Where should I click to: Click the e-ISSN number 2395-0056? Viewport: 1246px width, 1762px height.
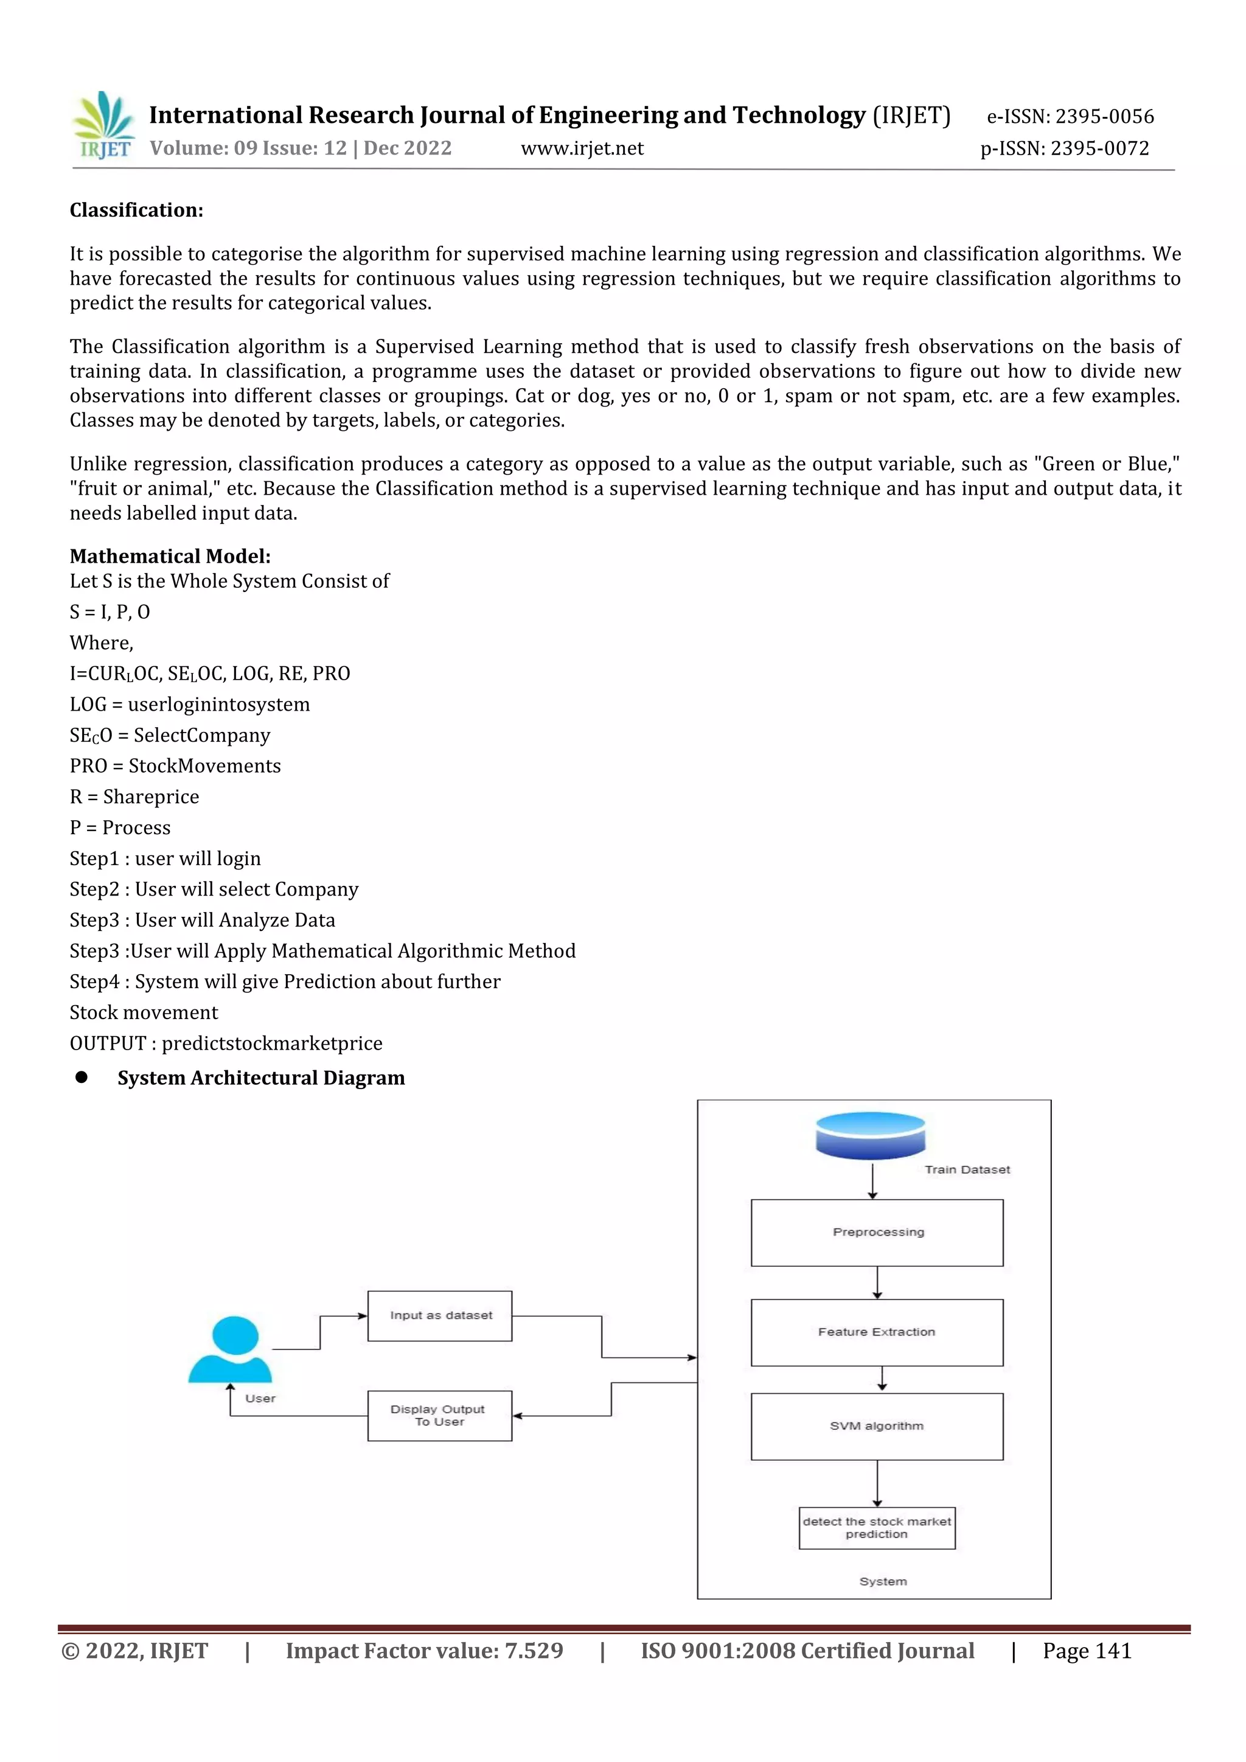[x=1104, y=117]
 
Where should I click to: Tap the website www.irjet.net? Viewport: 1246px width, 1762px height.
[x=582, y=148]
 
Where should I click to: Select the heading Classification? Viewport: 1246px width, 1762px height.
[x=136, y=211]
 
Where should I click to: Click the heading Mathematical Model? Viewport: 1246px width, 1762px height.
[x=170, y=556]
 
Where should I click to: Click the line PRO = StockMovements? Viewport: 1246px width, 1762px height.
[x=175, y=766]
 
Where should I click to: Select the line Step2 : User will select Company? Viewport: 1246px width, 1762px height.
[x=214, y=890]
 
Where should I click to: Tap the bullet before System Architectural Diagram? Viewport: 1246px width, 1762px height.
[x=82, y=1078]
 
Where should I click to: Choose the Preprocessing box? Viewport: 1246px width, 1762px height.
[x=877, y=1233]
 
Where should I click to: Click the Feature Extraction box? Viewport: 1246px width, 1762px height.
[x=877, y=1332]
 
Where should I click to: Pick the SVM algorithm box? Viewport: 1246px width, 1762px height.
[x=877, y=1426]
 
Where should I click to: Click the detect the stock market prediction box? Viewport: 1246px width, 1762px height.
[x=877, y=1528]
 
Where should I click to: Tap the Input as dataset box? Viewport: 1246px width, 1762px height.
[x=440, y=1315]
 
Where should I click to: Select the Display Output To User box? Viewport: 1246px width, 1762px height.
[x=440, y=1415]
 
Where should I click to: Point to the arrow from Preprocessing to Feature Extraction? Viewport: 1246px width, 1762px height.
[x=877, y=1283]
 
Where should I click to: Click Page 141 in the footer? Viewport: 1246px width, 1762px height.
[x=1087, y=1651]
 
